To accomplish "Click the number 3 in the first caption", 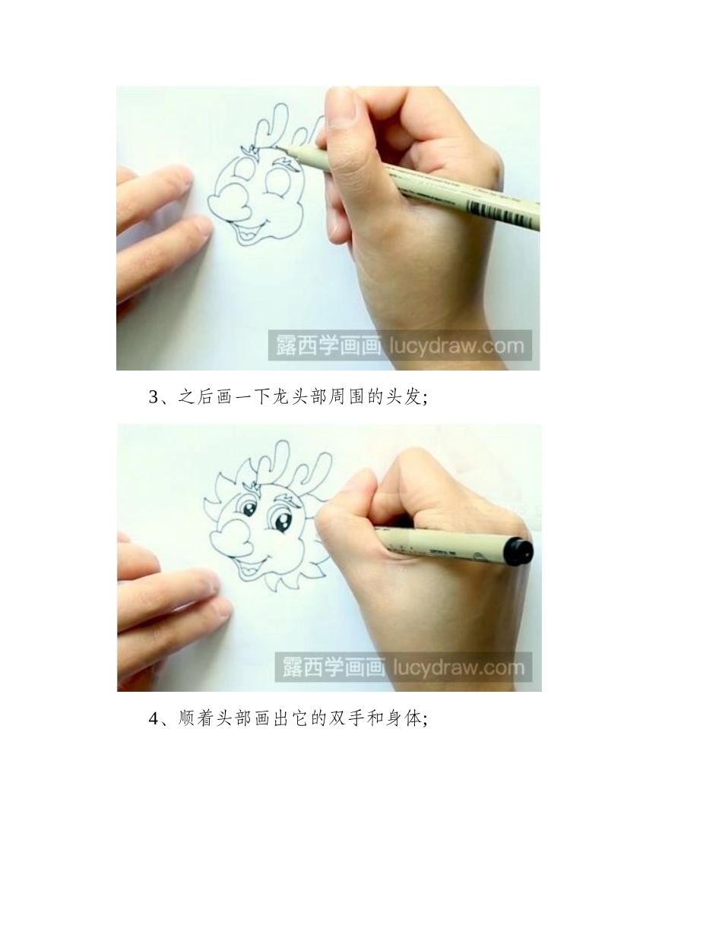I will (x=153, y=397).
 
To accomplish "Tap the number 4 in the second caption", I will (x=153, y=718).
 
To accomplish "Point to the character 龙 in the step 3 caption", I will (x=280, y=397).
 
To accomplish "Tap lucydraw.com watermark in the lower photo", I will (x=458, y=667).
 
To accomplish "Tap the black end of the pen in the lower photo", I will (x=519, y=550).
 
